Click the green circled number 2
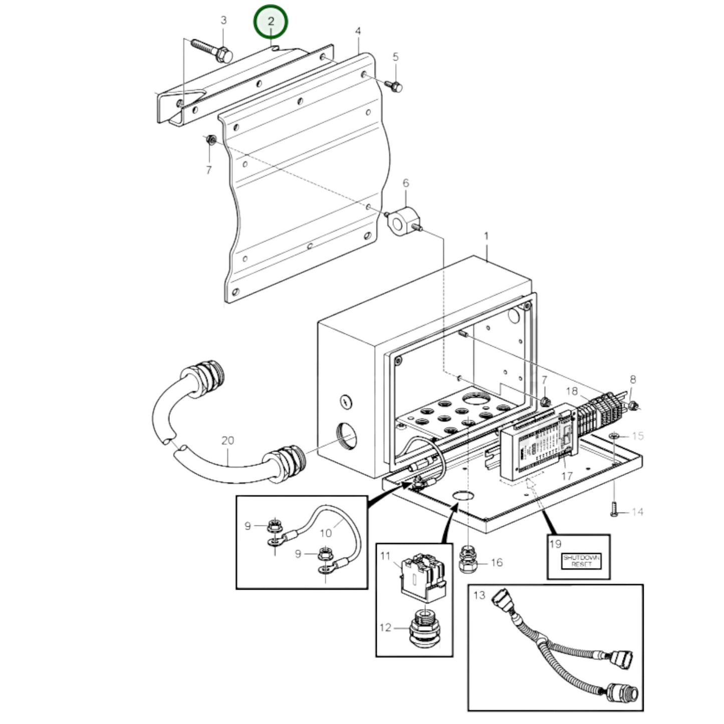[271, 22]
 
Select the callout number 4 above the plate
[358, 32]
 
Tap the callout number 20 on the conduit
[227, 441]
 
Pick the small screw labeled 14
[614, 512]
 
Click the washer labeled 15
[615, 436]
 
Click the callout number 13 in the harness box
[479, 595]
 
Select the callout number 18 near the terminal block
[572, 391]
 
